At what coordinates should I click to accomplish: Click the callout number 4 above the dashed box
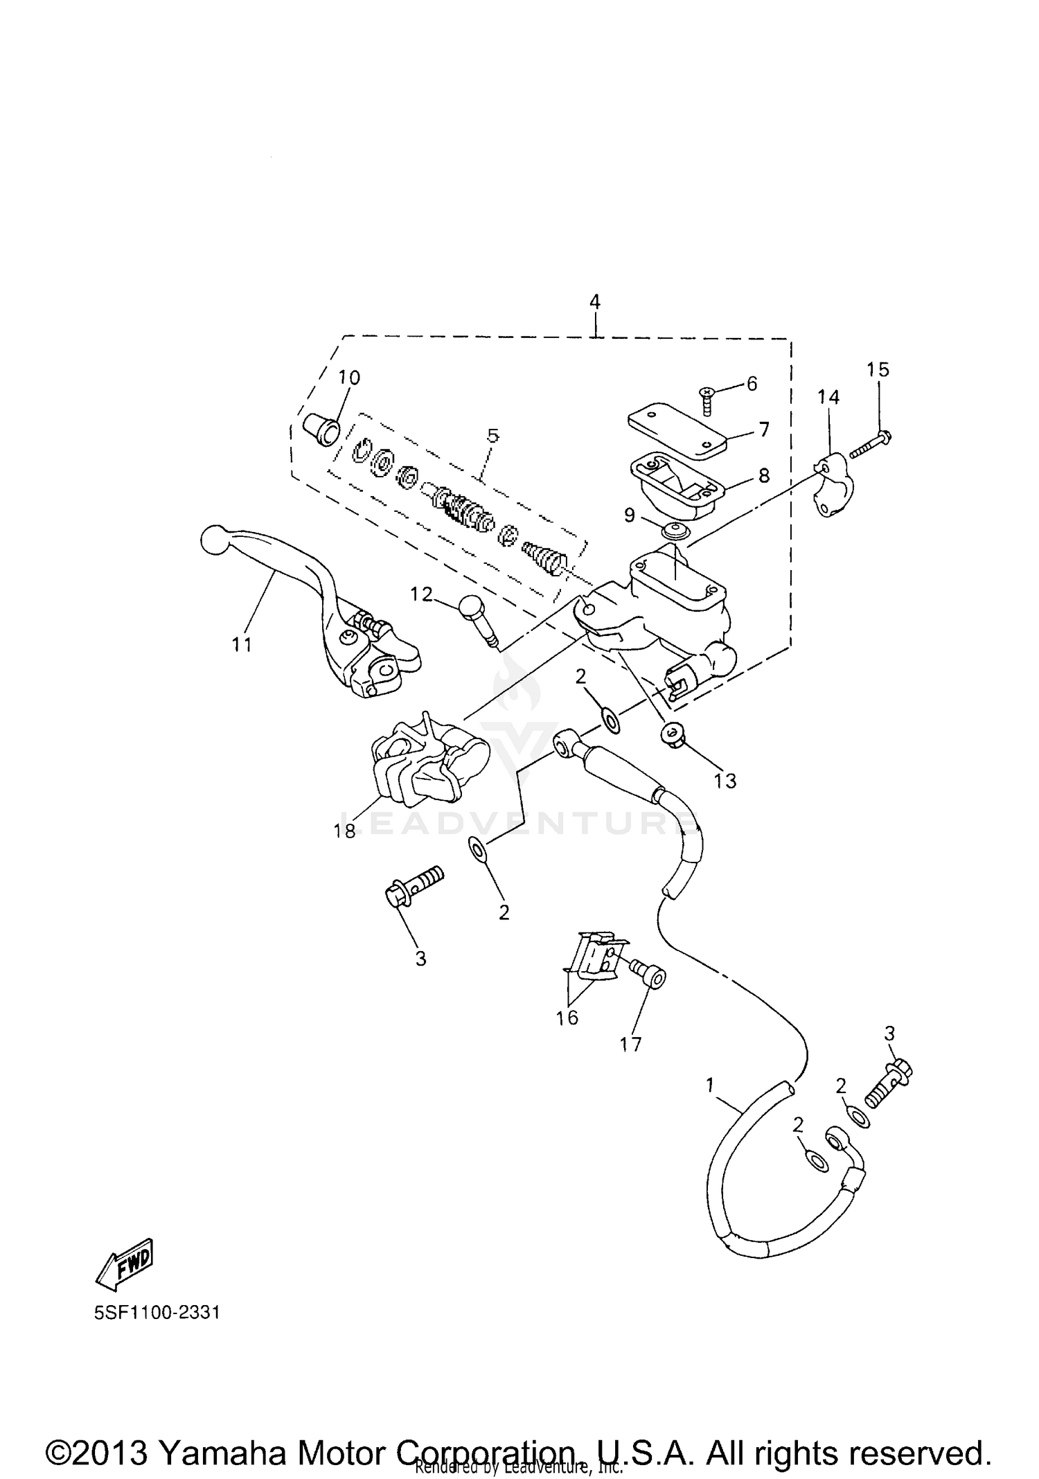pos(594,302)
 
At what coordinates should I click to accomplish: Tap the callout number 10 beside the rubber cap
pos(349,378)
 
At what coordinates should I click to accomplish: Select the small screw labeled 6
pos(707,400)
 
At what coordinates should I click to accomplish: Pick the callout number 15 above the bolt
pos(878,369)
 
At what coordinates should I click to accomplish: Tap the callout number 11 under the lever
pos(241,644)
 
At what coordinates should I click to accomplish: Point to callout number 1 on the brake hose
pos(709,1085)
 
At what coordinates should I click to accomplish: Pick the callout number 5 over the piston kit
pos(492,436)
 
